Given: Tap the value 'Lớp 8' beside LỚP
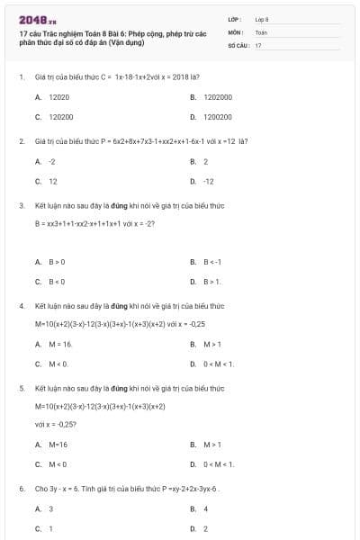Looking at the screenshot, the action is coord(262,18).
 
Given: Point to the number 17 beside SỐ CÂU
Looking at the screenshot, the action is coord(258,44).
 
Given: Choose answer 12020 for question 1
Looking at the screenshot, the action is coord(58,96).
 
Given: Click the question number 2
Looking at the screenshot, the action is coord(21,141).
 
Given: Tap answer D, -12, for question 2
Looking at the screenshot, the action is coord(208,181).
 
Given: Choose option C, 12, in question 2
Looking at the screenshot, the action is coord(52,181).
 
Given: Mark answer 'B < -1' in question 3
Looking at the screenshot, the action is coord(211,262).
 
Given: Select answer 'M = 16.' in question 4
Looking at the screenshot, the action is coord(60,344).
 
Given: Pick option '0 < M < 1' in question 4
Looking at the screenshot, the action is coord(219,364).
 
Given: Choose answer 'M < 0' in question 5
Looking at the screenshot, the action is coord(58,464).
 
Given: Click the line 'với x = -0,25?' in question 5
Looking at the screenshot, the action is coord(56,424).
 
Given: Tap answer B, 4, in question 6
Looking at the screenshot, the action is coord(205,508).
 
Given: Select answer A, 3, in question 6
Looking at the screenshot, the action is coord(50,508).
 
